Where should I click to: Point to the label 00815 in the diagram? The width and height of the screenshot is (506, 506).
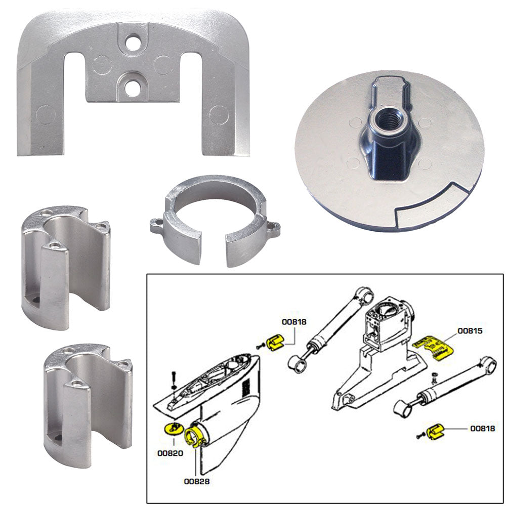coord(470,331)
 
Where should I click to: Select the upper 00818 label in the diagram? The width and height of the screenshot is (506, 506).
coord(294,321)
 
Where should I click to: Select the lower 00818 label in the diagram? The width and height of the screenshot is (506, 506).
coord(483,429)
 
